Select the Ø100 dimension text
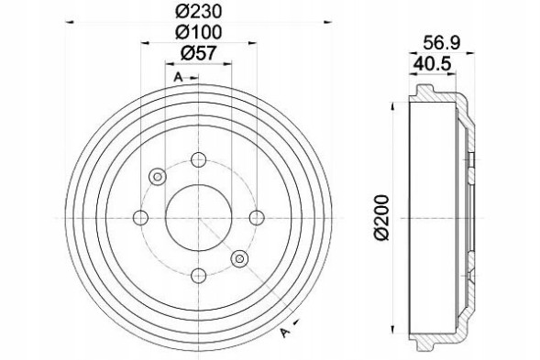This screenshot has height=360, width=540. (198, 31)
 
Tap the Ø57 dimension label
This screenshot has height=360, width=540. (198, 52)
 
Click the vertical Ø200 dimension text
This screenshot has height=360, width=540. (382, 217)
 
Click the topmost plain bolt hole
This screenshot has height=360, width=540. (198, 160)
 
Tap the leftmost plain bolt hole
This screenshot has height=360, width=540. (141, 217)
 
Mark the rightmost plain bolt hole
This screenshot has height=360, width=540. (256, 217)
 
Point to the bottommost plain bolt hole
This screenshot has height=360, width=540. (198, 274)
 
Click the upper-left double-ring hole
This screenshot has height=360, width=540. (157, 176)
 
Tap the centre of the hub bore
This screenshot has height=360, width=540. (198, 217)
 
